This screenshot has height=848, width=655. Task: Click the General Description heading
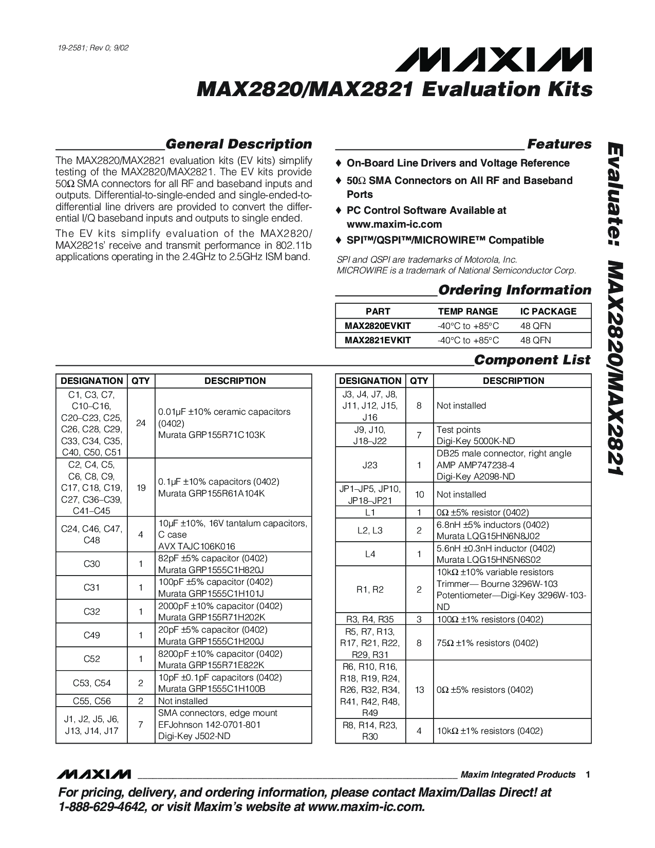point(239,144)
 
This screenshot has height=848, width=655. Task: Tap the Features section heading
point(559,144)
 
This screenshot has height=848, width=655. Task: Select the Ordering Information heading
point(514,290)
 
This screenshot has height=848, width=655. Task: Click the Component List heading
point(532,360)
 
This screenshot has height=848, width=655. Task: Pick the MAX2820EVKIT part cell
point(378,326)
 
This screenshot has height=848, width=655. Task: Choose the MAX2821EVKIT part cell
point(378,340)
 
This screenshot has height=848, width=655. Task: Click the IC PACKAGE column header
point(548,311)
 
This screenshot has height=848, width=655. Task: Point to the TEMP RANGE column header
point(467,311)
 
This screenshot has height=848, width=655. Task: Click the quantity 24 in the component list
point(141,423)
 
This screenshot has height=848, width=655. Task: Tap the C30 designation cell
point(91,564)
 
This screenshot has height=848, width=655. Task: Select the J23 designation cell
point(370,465)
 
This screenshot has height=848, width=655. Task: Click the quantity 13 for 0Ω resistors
point(419,690)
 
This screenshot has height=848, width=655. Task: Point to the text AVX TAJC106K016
point(196,546)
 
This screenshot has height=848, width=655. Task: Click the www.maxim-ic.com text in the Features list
point(394,224)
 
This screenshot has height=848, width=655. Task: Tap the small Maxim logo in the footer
point(95,775)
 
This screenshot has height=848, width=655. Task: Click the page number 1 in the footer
point(587,775)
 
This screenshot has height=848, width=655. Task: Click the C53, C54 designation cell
point(91,683)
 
